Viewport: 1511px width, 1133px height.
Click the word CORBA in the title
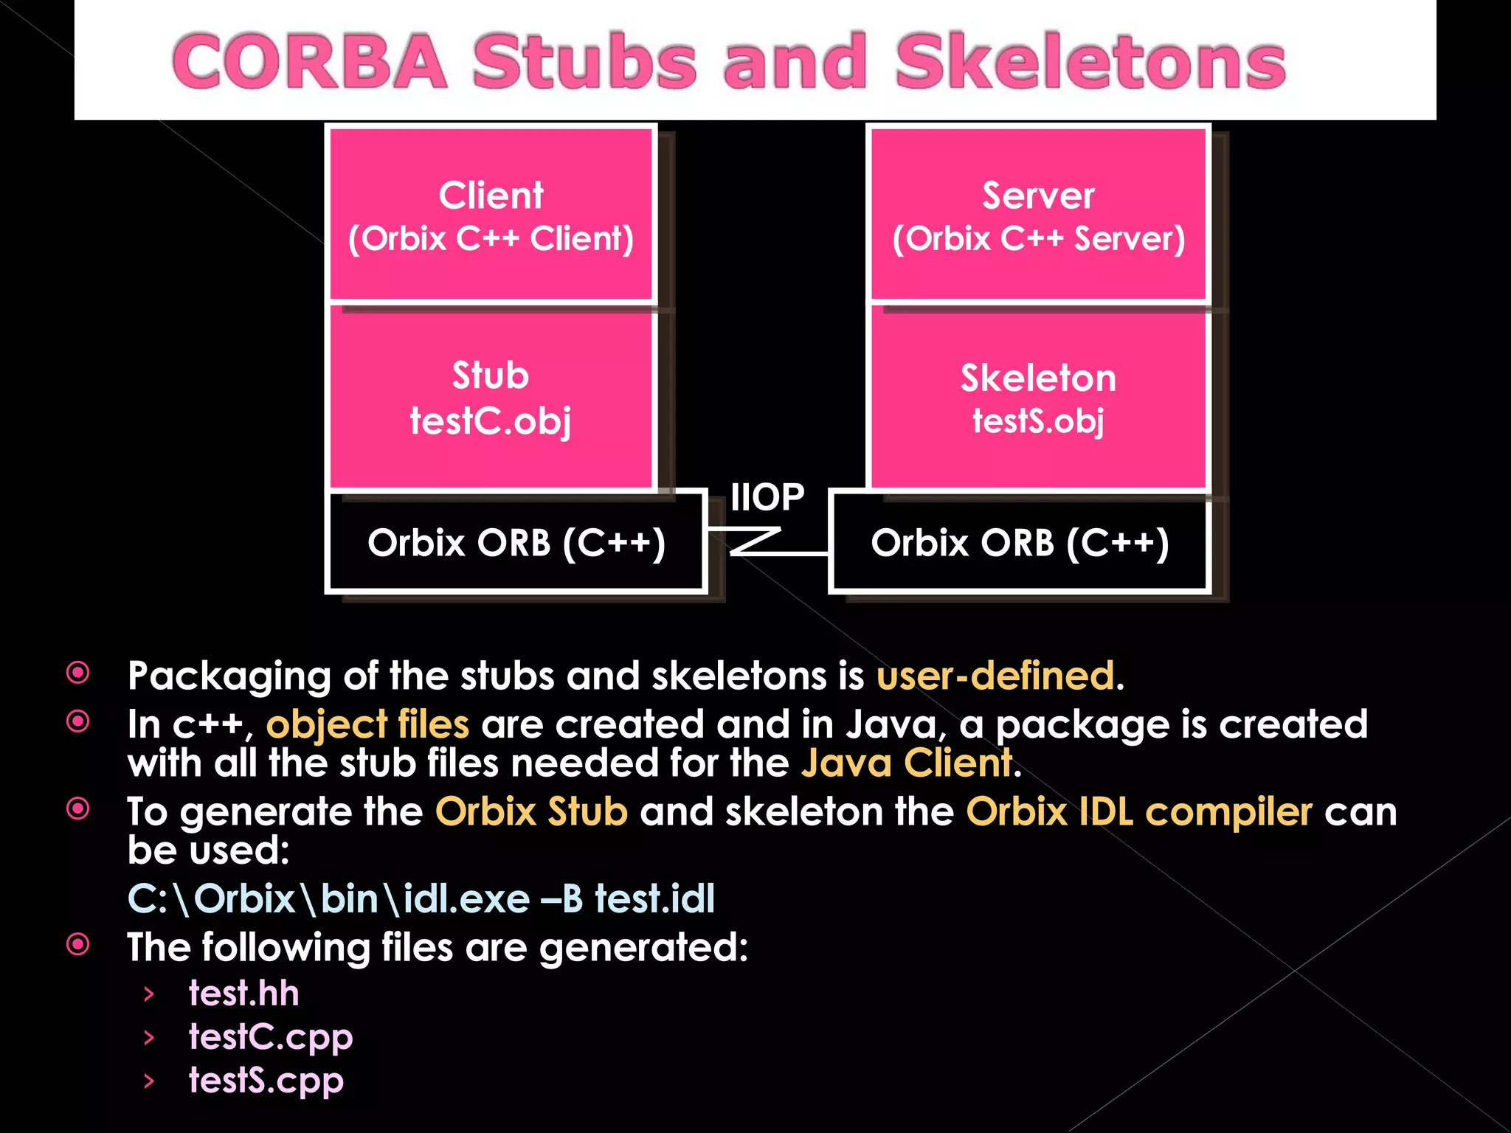point(310,63)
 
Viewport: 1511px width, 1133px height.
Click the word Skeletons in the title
point(1090,63)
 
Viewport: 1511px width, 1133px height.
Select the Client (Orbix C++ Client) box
point(491,215)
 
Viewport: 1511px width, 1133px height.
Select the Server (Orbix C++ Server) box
point(1038,215)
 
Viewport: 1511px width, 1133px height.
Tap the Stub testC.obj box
point(491,398)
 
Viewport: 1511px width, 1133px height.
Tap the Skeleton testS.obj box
point(1038,398)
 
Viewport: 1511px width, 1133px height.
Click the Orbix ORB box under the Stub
point(516,542)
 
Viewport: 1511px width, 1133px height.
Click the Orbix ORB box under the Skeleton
point(1020,542)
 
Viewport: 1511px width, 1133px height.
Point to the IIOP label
point(767,497)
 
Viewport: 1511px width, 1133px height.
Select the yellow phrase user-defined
point(996,676)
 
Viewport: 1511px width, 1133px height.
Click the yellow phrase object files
point(367,724)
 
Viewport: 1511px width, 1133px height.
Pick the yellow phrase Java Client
point(907,763)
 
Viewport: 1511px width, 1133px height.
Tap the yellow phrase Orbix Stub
point(531,812)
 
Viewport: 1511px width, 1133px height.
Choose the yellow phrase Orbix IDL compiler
point(1139,812)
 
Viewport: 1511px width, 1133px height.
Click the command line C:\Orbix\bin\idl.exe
point(421,898)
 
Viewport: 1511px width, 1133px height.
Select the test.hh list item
point(243,994)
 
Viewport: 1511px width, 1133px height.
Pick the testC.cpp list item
point(271,1038)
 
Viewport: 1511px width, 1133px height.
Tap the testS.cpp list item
point(266,1081)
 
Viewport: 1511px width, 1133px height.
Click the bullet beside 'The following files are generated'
point(78,944)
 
